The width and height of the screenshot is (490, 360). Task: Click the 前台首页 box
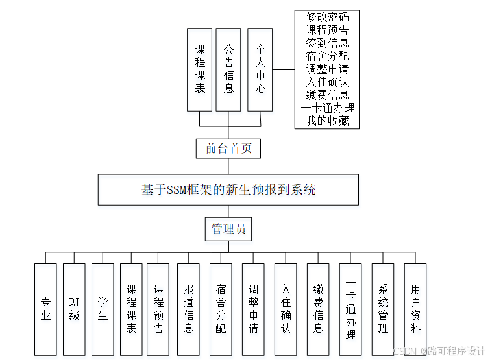[228, 148]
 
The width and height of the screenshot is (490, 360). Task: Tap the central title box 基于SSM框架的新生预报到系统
[228, 189]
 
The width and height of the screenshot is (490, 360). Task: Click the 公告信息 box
[229, 69]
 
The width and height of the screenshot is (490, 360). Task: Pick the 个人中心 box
[260, 69]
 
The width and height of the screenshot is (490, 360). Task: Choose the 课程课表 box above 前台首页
[200, 69]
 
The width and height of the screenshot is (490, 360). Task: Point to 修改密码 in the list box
[327, 18]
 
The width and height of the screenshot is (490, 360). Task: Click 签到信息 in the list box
[327, 43]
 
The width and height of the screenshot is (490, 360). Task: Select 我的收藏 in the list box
[327, 121]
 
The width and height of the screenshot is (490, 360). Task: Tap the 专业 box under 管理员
[45, 309]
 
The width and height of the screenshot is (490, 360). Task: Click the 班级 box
[74, 309]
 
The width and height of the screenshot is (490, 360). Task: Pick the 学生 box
[103, 309]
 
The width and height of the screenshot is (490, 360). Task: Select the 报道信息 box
[188, 309]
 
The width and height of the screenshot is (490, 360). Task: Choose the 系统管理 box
[383, 309]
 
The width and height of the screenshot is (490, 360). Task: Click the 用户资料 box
[415, 309]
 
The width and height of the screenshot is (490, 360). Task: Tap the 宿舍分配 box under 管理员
[221, 309]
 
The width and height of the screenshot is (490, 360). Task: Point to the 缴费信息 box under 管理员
[318, 309]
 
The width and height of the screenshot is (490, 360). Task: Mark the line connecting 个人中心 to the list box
[283, 69]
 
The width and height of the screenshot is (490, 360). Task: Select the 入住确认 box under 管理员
[286, 309]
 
